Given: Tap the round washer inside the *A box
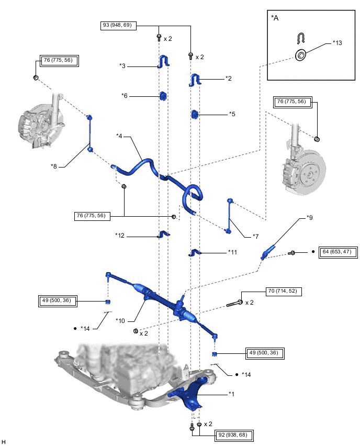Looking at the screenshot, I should (x=301, y=54).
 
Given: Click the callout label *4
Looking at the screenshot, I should (x=120, y=136).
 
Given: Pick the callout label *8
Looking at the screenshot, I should (x=53, y=166).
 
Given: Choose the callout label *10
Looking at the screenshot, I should (x=121, y=320).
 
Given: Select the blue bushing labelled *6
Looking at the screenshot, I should (x=162, y=96).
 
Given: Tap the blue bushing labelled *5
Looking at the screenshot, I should (x=194, y=114).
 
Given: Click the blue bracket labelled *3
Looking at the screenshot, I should (x=162, y=62).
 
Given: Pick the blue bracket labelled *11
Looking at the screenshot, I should (x=194, y=253).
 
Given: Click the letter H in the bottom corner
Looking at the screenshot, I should (x=4, y=442).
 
